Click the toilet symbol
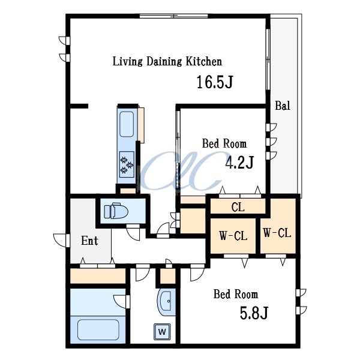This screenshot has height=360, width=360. click(116, 211)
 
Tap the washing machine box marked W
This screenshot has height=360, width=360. click(162, 331)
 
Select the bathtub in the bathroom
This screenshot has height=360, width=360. click(98, 329)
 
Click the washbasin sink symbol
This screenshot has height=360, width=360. click(165, 301)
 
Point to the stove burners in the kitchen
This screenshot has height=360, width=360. click(127, 164)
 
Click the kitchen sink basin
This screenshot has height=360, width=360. click(127, 124)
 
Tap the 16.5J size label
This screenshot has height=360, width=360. click(215, 82)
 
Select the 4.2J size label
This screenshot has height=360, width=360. click(239, 162)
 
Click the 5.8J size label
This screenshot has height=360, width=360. click(254, 313)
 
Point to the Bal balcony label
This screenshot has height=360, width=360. click(283, 106)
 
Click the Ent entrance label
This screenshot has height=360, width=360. click(89, 241)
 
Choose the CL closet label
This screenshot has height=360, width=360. click(238, 207)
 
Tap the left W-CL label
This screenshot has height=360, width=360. click(233, 236)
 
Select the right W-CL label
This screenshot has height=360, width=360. click(277, 233)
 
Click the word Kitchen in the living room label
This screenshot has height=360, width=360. click(203, 62)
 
